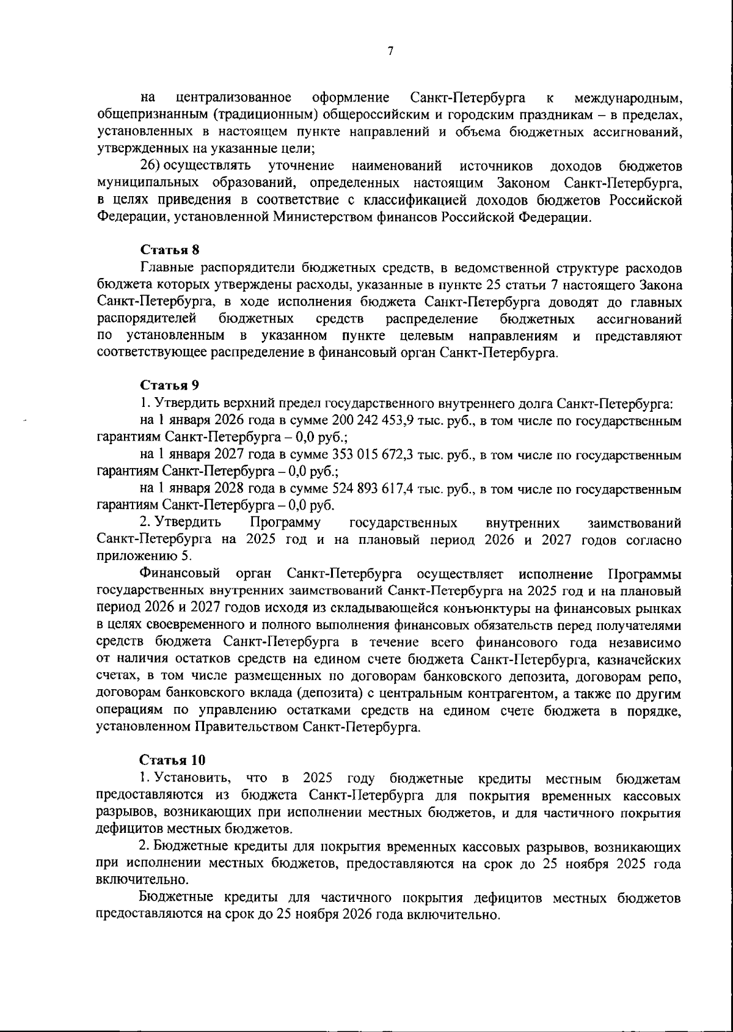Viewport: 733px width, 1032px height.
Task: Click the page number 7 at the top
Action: point(390,51)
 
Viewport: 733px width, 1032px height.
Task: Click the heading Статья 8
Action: point(170,250)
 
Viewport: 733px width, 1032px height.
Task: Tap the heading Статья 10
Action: point(172,760)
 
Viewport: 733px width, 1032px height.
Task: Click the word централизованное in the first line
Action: point(233,98)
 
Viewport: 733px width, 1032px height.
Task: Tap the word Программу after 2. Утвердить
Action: point(286,523)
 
